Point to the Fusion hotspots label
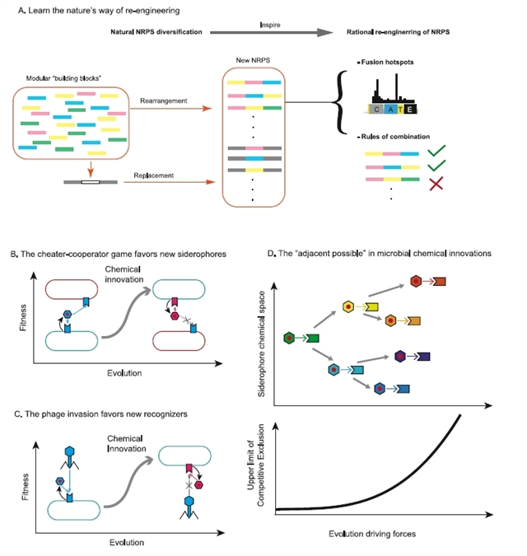380,63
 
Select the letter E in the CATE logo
409,109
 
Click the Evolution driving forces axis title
374,535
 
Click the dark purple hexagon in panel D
400,356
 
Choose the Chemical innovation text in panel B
124,276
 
